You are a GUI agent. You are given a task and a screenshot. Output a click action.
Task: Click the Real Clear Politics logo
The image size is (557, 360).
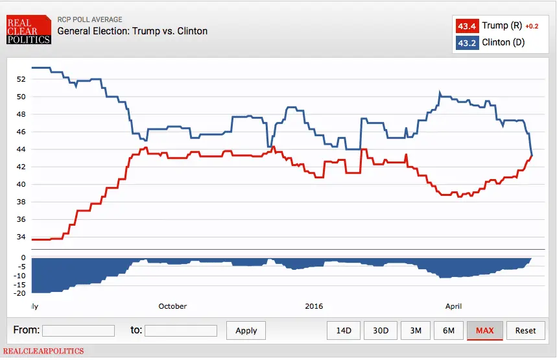click(29, 30)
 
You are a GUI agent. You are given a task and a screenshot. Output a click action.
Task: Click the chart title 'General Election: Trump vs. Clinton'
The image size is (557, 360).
click(132, 31)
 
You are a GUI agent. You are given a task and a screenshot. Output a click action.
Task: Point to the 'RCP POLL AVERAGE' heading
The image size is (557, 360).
click(89, 19)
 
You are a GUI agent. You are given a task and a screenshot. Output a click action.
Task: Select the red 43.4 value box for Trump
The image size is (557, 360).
click(467, 27)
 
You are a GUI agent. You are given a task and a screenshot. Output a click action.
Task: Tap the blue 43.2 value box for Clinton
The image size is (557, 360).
click(467, 43)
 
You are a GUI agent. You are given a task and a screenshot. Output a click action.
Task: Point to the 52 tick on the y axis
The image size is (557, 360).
click(21, 79)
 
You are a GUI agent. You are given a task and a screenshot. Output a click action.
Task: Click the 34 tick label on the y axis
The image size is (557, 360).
click(21, 237)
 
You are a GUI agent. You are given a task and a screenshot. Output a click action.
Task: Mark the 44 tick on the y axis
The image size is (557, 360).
click(21, 149)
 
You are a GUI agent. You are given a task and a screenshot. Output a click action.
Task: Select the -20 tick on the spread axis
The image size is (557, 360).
click(19, 293)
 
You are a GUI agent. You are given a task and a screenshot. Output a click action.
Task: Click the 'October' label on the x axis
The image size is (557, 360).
click(172, 306)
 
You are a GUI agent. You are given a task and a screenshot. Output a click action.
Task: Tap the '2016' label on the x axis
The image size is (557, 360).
click(314, 306)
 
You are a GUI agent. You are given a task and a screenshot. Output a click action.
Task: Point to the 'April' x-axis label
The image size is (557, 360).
click(453, 306)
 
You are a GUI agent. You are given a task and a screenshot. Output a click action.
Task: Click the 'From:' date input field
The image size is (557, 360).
click(78, 331)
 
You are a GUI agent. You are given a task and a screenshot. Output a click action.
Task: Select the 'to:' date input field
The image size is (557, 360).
click(181, 331)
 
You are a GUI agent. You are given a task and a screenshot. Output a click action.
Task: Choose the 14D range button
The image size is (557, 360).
click(344, 331)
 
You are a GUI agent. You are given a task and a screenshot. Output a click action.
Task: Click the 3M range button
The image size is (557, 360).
click(416, 331)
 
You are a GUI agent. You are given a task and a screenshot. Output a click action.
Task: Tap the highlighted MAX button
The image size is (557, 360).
click(484, 331)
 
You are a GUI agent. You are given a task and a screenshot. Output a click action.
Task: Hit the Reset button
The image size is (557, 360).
click(525, 331)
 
